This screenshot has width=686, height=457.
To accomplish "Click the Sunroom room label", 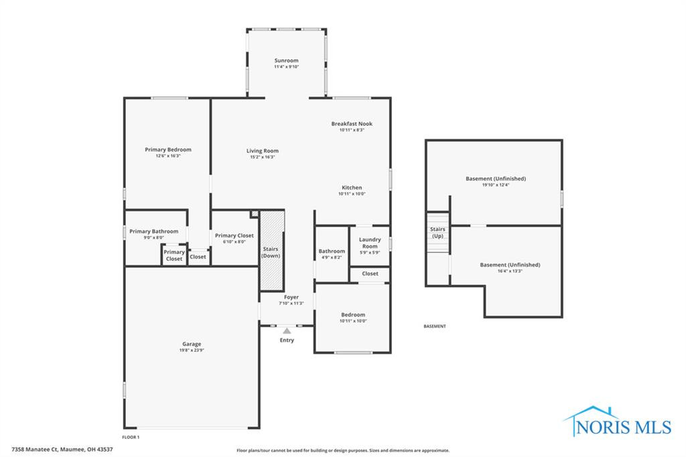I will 286,60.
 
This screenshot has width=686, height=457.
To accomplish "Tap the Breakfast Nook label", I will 352,123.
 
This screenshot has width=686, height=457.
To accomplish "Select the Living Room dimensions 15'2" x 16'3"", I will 262,157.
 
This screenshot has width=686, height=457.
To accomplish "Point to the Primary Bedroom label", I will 168,149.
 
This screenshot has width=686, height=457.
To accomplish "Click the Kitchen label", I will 352,188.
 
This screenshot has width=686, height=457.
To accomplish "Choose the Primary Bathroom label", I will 154,231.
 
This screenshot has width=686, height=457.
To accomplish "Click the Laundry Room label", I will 370,243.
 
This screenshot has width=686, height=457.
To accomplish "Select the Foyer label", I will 291,297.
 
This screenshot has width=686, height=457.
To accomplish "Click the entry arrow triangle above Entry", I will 287,330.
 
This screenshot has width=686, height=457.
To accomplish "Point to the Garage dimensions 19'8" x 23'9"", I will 191,350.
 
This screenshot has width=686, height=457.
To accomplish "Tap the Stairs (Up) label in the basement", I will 437,233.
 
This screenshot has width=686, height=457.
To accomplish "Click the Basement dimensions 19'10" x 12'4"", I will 496,185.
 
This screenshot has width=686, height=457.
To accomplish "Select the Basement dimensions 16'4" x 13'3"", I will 510,271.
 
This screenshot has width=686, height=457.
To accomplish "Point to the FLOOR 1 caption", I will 131,437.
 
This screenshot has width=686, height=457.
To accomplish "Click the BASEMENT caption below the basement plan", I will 434,326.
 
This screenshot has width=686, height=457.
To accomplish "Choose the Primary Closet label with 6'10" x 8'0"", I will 234,236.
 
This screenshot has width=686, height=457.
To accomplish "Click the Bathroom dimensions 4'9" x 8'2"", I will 332,257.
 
